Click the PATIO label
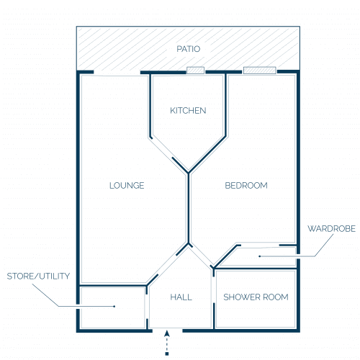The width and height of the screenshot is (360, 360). click(189, 49)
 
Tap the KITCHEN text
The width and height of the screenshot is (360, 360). click(188, 111)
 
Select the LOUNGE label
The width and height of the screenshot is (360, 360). click(127, 186)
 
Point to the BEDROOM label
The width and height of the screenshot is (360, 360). click(246, 186)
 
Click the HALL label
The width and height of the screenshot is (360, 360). click(181, 297)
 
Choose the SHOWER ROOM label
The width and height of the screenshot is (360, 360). click(256, 297)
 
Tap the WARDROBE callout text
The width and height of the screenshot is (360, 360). click(331, 229)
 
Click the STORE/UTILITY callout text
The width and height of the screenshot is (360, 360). click(38, 276)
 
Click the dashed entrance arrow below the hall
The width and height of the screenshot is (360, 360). click(167, 343)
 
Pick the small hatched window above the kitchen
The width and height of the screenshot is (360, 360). click(195, 71)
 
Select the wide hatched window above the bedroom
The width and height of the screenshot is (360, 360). click(260, 71)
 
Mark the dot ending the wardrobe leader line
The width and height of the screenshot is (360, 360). click(259, 256)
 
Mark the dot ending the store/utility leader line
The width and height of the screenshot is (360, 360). click(114, 306)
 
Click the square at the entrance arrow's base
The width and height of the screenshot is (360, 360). click(167, 354)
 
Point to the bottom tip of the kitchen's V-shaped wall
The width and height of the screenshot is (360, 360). click(189, 173)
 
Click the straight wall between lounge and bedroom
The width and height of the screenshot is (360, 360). click(189, 208)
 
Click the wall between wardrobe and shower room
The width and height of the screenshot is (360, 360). click(255, 269)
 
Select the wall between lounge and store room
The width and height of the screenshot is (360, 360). click(113, 286)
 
